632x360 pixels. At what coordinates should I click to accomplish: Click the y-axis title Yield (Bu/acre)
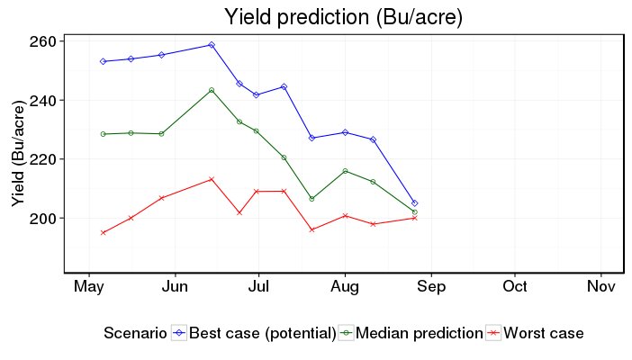click(x=18, y=153)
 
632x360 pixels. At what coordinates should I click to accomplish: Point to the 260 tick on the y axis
click(x=46, y=41)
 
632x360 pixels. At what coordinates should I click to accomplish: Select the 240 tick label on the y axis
click(x=46, y=100)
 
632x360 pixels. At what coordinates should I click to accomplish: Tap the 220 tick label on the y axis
click(x=46, y=159)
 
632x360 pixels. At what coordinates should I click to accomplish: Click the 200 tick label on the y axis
click(x=46, y=218)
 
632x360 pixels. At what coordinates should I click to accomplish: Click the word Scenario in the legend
click(x=135, y=333)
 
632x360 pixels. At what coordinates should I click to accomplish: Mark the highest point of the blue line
click(x=212, y=44)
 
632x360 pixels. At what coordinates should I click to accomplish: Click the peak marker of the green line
click(x=212, y=90)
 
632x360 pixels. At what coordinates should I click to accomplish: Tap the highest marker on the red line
click(x=212, y=179)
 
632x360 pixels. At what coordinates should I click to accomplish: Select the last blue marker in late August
click(x=414, y=203)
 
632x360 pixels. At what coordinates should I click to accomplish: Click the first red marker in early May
click(x=104, y=232)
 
